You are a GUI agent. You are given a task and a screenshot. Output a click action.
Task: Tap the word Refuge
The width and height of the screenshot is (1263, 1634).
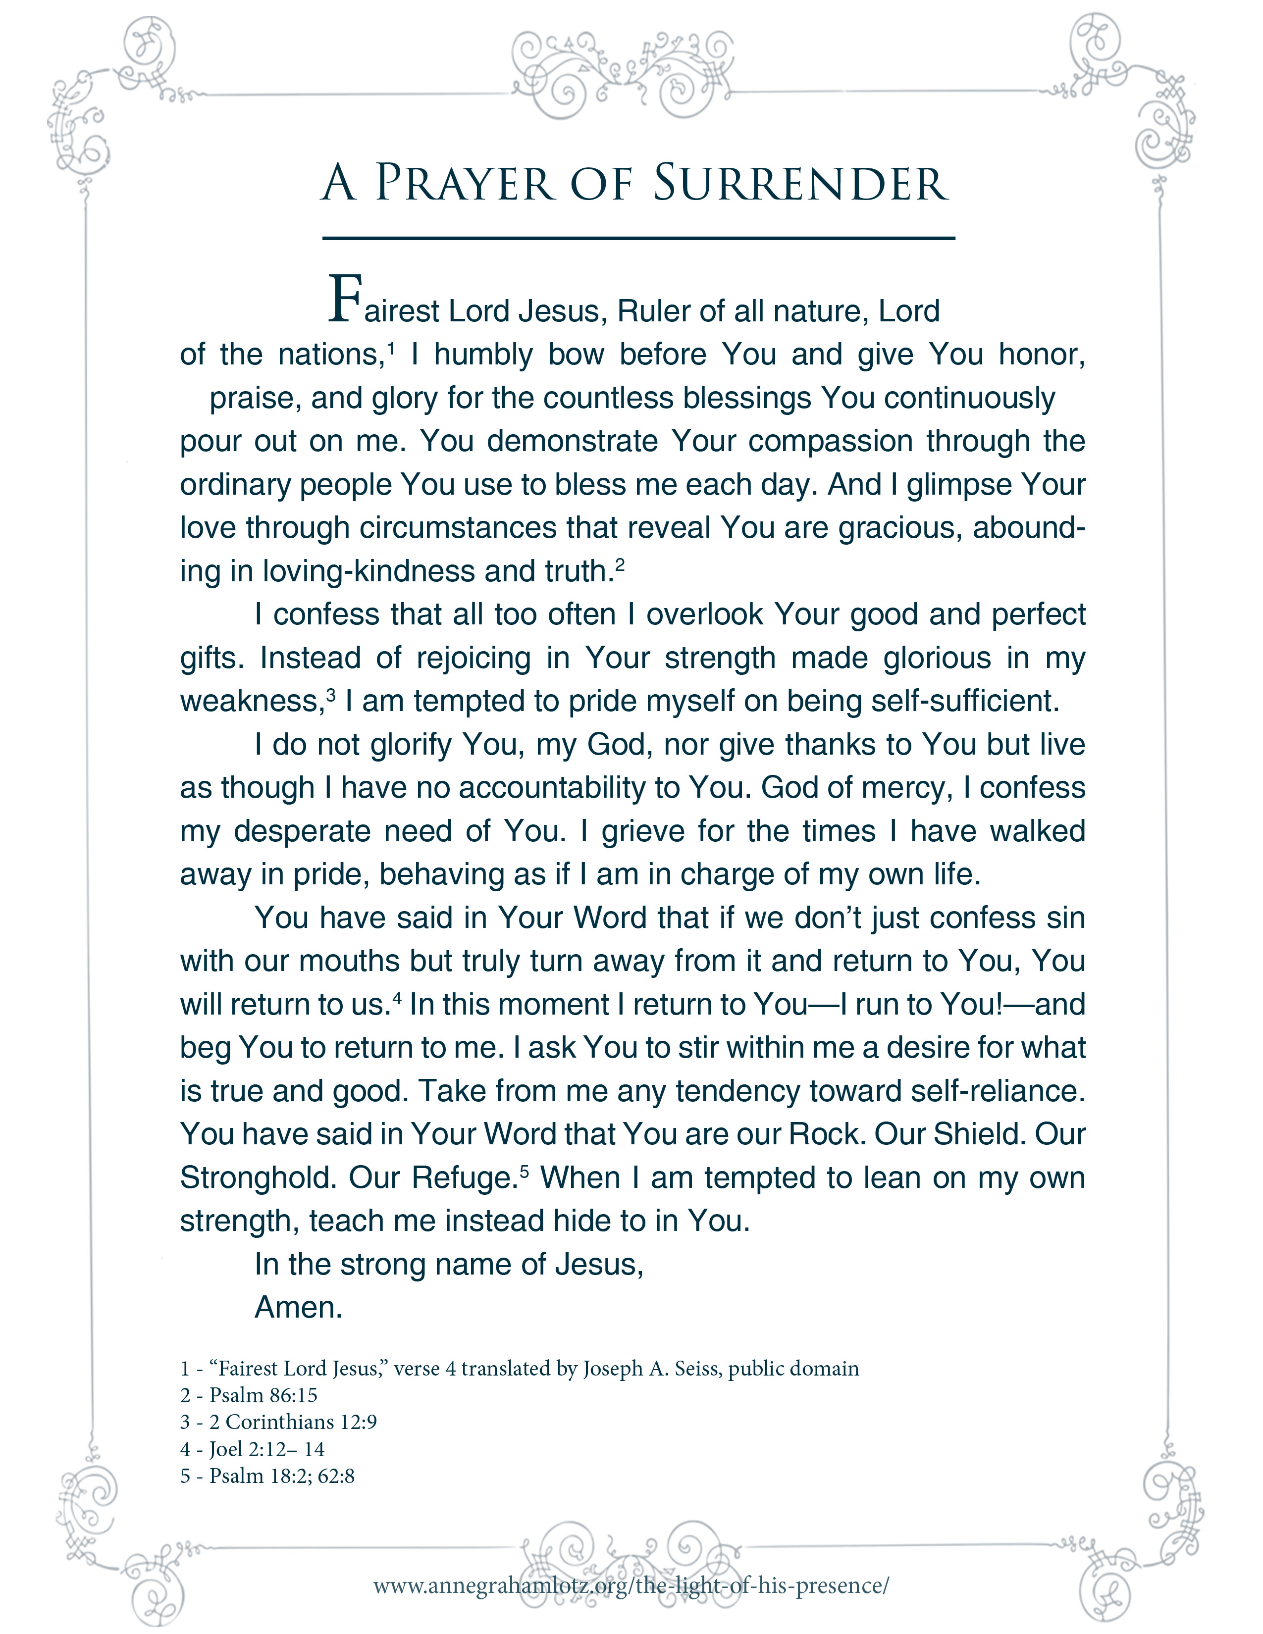tap(462, 1177)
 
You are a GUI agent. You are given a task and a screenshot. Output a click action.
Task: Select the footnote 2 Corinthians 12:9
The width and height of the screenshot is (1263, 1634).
tap(292, 1422)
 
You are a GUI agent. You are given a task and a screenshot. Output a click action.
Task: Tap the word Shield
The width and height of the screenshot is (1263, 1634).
tap(976, 1134)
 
